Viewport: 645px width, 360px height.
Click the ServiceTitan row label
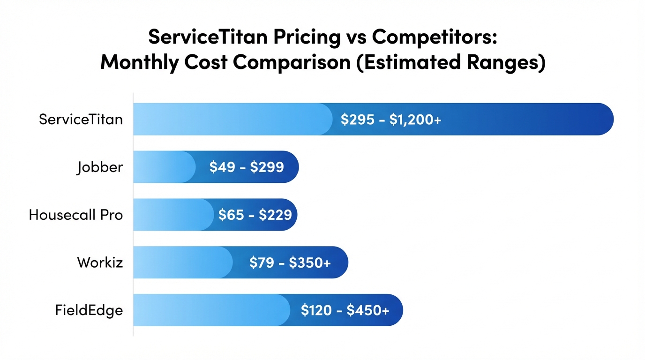click(x=81, y=119)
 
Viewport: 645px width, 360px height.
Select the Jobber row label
click(x=100, y=167)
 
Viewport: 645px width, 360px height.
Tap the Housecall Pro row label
click(x=76, y=215)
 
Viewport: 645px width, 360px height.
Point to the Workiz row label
click(x=100, y=262)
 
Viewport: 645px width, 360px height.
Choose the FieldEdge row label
click(x=89, y=310)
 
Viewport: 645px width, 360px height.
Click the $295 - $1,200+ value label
click(x=390, y=120)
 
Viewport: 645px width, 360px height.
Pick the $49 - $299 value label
click(x=247, y=167)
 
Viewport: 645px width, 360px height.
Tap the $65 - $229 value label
click(x=255, y=215)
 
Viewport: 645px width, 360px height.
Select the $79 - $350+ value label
click(x=290, y=262)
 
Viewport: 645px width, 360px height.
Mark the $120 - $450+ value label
click(x=345, y=310)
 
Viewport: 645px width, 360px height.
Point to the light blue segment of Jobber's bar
click(x=164, y=167)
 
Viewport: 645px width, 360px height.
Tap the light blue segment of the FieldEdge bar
click(x=211, y=310)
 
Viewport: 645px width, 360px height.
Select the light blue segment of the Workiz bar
click(x=183, y=262)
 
